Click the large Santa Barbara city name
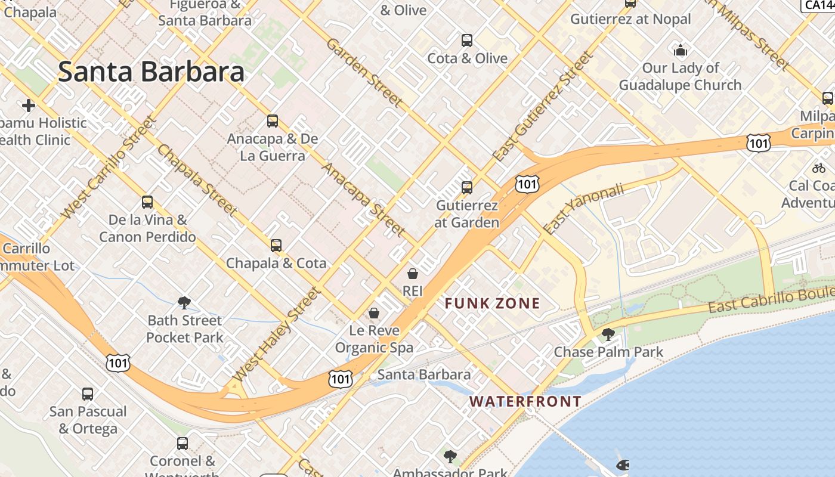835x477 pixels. pyautogui.click(x=151, y=72)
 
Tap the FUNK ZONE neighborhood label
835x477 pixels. pyautogui.click(x=492, y=303)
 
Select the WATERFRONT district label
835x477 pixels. pyautogui.click(x=525, y=401)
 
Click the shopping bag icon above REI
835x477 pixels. pyautogui.click(x=412, y=274)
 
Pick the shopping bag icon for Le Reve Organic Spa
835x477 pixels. pyautogui.click(x=374, y=313)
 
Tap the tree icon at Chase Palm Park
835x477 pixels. pyautogui.click(x=608, y=334)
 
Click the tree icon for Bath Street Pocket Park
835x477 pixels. pyautogui.click(x=184, y=303)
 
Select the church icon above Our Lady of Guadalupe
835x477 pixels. pyautogui.click(x=680, y=50)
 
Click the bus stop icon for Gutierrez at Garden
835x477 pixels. pyautogui.click(x=467, y=188)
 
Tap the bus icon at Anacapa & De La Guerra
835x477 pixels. pyautogui.click(x=273, y=121)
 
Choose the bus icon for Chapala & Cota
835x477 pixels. pyautogui.click(x=276, y=246)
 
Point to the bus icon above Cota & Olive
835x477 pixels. pyautogui.click(x=467, y=41)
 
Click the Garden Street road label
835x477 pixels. pyautogui.click(x=364, y=73)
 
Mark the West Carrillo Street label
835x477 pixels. pyautogui.click(x=109, y=168)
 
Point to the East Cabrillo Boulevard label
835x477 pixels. pyautogui.click(x=769, y=299)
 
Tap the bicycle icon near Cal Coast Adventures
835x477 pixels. pyautogui.click(x=819, y=169)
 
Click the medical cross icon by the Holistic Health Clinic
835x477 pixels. pyautogui.click(x=28, y=106)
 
